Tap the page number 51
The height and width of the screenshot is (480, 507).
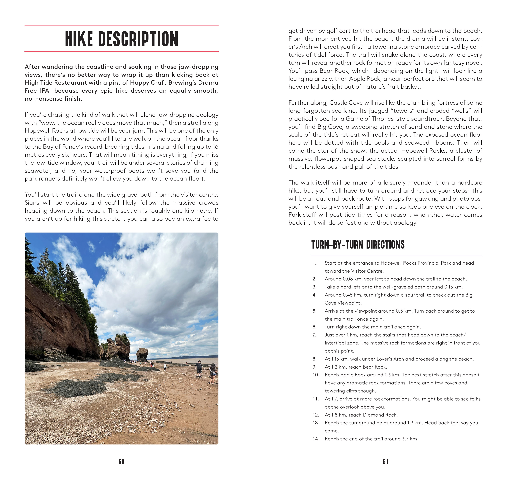coord(385,461)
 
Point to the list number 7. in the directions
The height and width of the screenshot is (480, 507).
coord(314,335)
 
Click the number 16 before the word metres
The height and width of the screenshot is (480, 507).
coord(215,147)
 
